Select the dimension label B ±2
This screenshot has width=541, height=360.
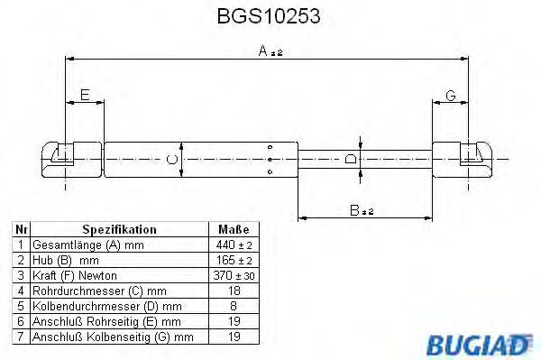pos(362,209)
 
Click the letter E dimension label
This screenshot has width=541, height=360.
pos(84,95)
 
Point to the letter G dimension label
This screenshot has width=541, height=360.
pos(450,95)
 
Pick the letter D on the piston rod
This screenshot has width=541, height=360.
pos(351,160)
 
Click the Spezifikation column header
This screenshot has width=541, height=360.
pos(119,230)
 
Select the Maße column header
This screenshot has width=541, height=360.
pos(233,230)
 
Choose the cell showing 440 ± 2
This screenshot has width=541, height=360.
pos(233,245)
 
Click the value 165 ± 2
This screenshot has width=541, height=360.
pos(233,260)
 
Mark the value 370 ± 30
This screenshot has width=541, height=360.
pos(233,275)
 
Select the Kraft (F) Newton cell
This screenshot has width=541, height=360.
pos(75,275)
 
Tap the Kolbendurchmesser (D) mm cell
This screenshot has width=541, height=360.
pos(102,306)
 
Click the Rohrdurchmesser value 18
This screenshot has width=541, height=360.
pos(233,291)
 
